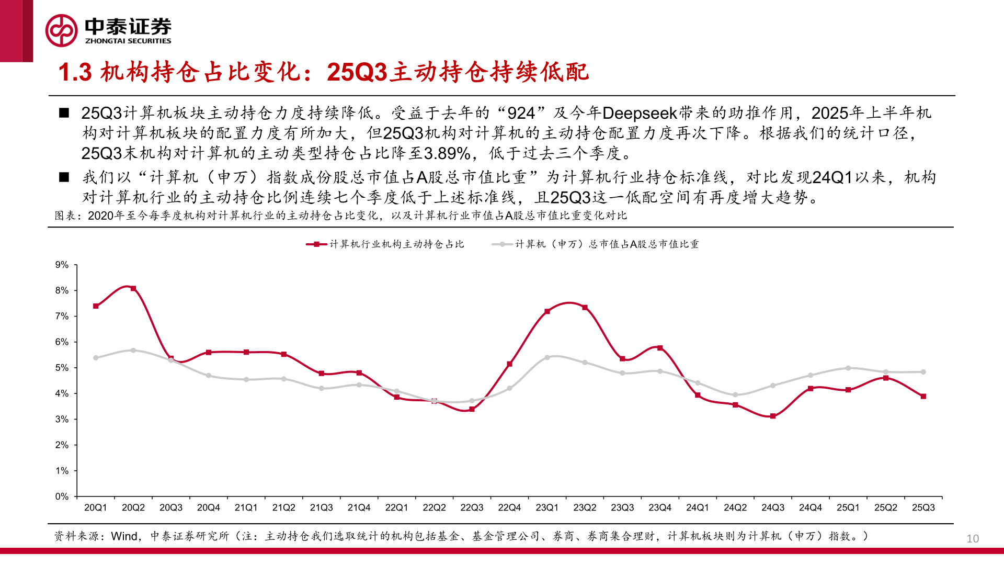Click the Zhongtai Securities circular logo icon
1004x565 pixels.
tap(61, 30)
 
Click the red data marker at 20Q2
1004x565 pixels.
tap(133, 288)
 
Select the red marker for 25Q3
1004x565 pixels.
tap(923, 397)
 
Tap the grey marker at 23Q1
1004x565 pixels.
tap(547, 358)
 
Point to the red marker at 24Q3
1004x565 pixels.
tap(773, 416)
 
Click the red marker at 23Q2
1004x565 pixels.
tap(585, 308)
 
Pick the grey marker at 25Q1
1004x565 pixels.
tap(848, 368)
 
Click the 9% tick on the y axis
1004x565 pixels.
tap(62, 265)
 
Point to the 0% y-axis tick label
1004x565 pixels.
tap(62, 496)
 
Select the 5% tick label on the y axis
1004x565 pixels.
tap(62, 368)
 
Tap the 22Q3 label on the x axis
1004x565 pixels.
tap(472, 508)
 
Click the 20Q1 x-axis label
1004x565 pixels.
tap(96, 508)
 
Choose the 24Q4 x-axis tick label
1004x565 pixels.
tap(811, 508)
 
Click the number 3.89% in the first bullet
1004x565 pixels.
tap(447, 154)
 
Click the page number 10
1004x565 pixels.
tap(973, 539)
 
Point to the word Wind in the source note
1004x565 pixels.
tap(124, 536)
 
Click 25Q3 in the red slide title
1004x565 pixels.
tap(358, 72)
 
